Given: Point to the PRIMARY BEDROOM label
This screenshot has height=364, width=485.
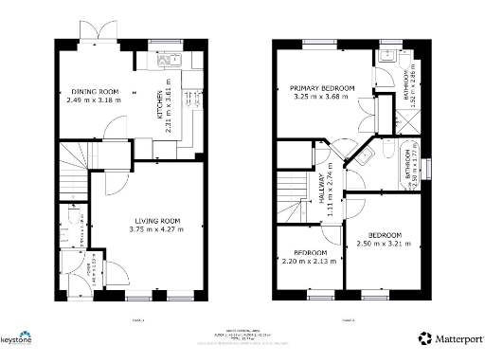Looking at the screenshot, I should click(x=322, y=87).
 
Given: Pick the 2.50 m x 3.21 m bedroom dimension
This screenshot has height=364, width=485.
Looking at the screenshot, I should click(x=385, y=243).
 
